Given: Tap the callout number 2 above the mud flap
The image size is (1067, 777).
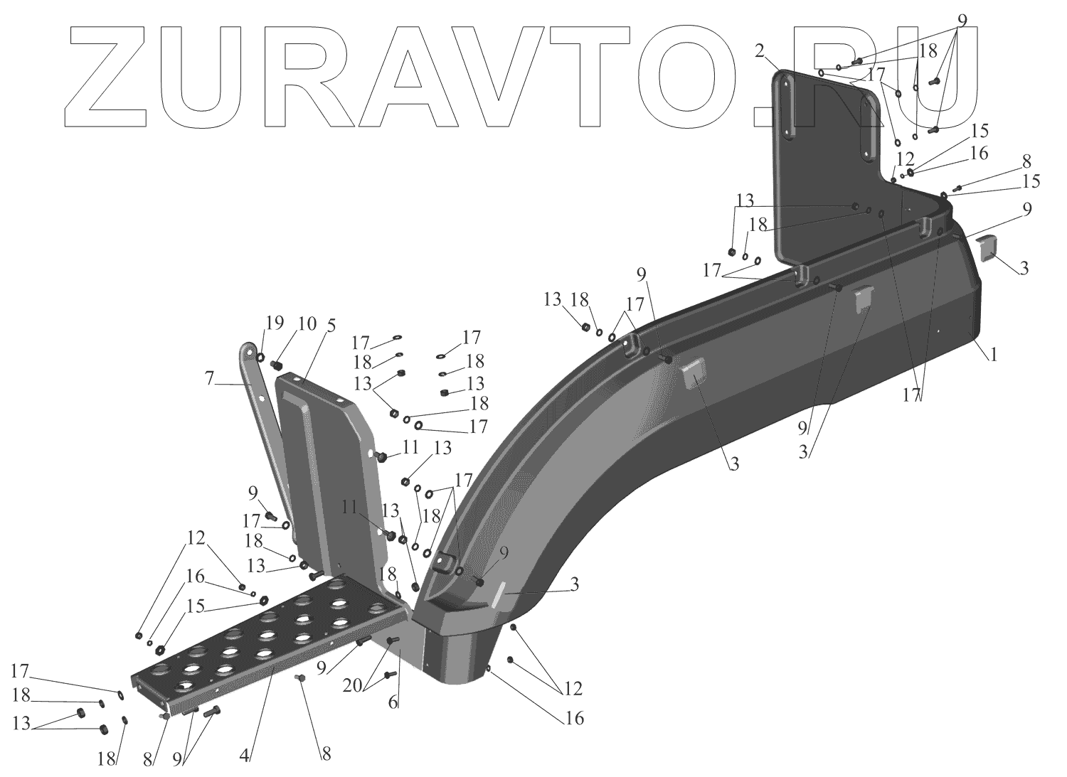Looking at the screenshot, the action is [760, 50].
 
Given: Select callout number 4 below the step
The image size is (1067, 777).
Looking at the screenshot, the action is [245, 756].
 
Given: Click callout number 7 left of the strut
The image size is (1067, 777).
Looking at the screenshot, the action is [209, 380].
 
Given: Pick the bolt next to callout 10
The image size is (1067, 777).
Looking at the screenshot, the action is [277, 365].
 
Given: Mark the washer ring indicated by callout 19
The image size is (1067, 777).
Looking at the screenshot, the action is [260, 358].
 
